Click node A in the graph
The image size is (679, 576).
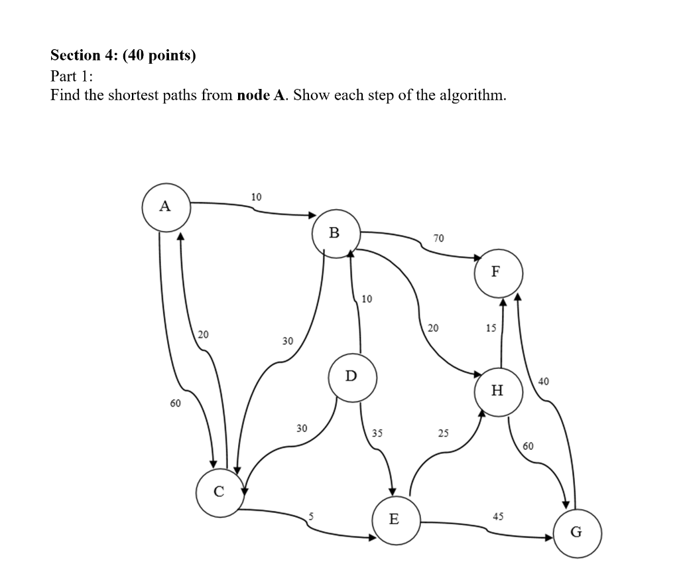coord(166,206)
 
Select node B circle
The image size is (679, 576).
coord(335,233)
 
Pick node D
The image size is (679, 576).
coord(352,377)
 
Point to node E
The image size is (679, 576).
coord(394,519)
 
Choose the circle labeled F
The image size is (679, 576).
coord(498,272)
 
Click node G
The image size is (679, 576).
coord(577,532)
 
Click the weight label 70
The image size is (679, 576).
coord(439,238)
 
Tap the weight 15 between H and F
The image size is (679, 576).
coord(491,327)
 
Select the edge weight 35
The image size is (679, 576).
coord(377,433)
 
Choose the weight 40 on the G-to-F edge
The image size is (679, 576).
coord(544,381)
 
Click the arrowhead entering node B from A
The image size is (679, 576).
coord(312,214)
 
